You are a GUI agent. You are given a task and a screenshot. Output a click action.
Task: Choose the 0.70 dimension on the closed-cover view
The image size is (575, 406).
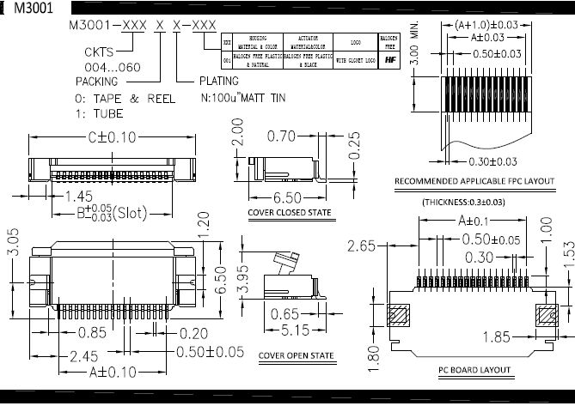point(283,136)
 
